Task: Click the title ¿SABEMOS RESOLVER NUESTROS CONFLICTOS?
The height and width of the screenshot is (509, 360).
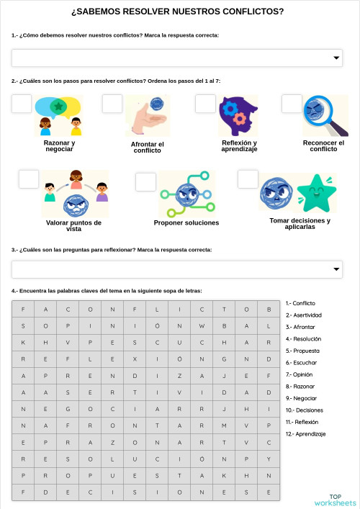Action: point(178,12)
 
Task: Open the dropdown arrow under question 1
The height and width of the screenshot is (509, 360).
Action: point(336,58)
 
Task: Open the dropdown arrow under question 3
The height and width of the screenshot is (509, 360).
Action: point(336,269)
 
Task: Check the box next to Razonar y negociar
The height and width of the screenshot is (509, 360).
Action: point(22,104)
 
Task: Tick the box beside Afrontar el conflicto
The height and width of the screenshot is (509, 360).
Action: point(112,104)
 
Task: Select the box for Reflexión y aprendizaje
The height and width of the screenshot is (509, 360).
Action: point(205,104)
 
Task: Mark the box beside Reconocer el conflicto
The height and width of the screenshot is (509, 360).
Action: point(292,104)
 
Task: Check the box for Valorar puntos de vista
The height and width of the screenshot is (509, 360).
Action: point(29,179)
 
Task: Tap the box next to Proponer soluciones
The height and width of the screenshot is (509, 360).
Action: point(145,181)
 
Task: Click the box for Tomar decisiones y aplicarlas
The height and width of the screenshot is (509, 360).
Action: point(248,179)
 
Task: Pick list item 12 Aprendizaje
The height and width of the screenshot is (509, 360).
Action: point(307,434)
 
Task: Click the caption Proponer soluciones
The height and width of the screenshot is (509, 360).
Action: point(186,223)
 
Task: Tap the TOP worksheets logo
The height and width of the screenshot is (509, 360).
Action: point(335,500)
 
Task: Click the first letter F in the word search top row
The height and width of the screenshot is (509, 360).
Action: point(24,309)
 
